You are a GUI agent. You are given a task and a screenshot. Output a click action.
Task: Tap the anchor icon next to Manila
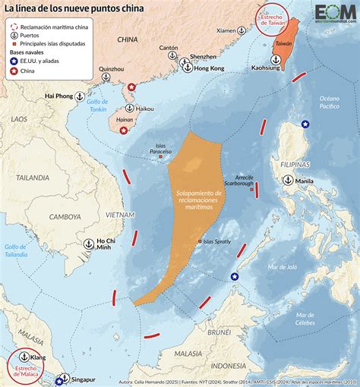click(x=289, y=180)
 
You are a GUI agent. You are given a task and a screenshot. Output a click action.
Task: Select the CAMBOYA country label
click(x=65, y=216)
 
